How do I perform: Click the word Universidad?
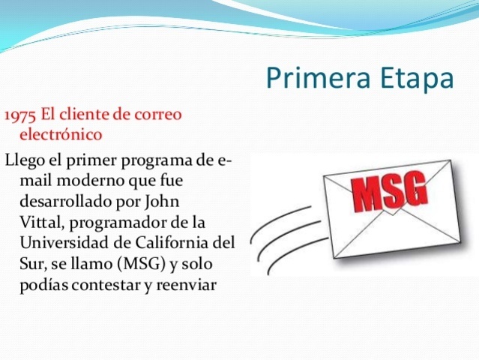(x=64, y=244)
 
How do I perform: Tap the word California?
(x=177, y=244)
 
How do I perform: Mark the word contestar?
(x=107, y=286)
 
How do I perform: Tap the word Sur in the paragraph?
(x=32, y=265)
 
